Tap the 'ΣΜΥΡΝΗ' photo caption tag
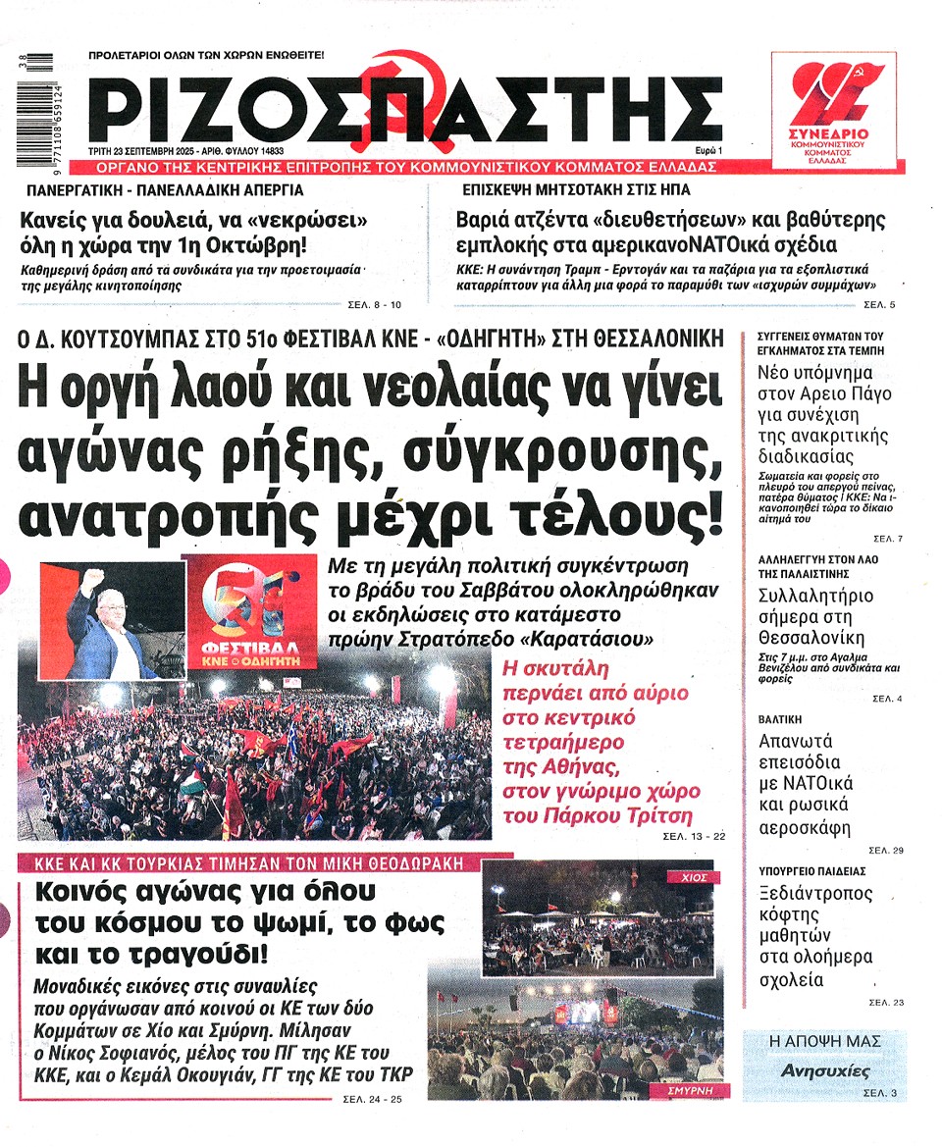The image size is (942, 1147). pyautogui.click(x=688, y=1090)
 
